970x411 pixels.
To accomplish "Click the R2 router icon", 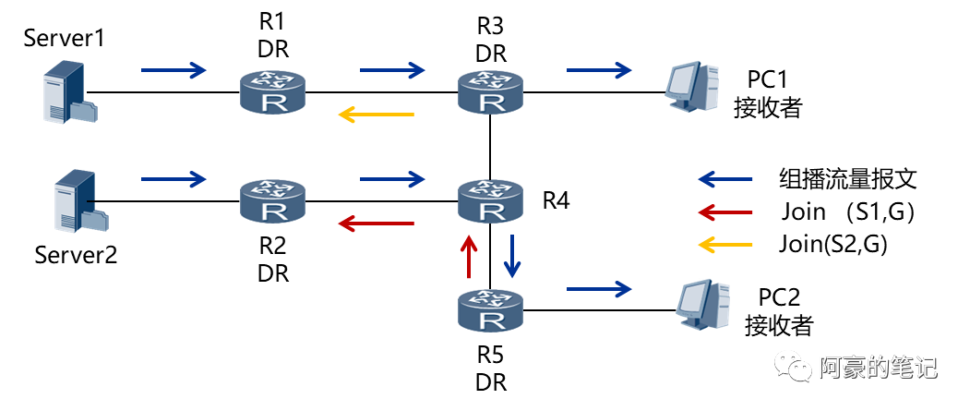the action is pyautogui.click(x=272, y=201).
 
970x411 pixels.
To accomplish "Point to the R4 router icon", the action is pyautogui.click(x=491, y=201).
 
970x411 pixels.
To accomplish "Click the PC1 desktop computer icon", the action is pyautogui.click(x=692, y=87).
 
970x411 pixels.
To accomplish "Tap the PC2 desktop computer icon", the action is pyautogui.click(x=705, y=305).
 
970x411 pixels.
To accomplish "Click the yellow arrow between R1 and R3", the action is pyautogui.click(x=376, y=114).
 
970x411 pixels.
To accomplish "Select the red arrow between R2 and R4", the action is pyautogui.click(x=376, y=223).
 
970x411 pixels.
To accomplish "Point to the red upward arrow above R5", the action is pyautogui.click(x=469, y=256).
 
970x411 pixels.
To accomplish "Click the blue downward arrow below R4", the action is pyautogui.click(x=512, y=256).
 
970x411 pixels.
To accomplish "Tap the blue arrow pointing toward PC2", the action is pyautogui.click(x=599, y=288).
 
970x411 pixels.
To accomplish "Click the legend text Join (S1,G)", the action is pyautogui.click(x=847, y=212).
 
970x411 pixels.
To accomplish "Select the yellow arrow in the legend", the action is pyautogui.click(x=725, y=245).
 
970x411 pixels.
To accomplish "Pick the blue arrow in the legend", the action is pyautogui.click(x=725, y=179).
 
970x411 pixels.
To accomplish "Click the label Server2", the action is pyautogui.click(x=76, y=254).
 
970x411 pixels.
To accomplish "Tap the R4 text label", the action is pyautogui.click(x=555, y=200).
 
